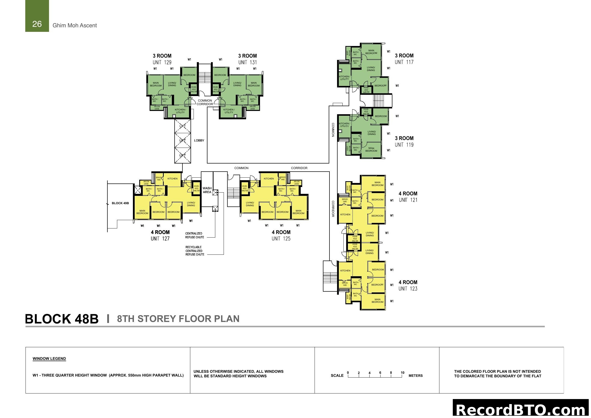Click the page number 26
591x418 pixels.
(37, 24)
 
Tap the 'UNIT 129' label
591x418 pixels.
(162, 62)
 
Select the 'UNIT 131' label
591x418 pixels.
(247, 62)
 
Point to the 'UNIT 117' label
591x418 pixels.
(404, 62)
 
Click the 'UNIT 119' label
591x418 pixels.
(404, 145)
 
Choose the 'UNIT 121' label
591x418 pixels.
(408, 200)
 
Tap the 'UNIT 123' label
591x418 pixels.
(408, 289)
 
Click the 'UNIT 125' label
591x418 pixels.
(281, 239)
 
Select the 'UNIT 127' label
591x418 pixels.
(160, 239)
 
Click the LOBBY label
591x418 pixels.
(199, 141)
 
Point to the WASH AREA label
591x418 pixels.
(207, 190)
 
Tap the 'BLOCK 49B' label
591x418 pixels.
(120, 203)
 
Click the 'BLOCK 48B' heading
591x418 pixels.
(62, 319)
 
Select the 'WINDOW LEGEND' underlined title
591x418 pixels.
(49, 359)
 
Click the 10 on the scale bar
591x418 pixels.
(403, 373)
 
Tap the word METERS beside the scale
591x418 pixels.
(415, 376)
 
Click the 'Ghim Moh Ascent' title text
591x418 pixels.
(75, 26)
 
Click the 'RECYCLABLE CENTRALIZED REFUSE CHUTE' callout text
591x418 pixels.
(195, 251)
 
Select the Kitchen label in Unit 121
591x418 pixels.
(345, 214)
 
